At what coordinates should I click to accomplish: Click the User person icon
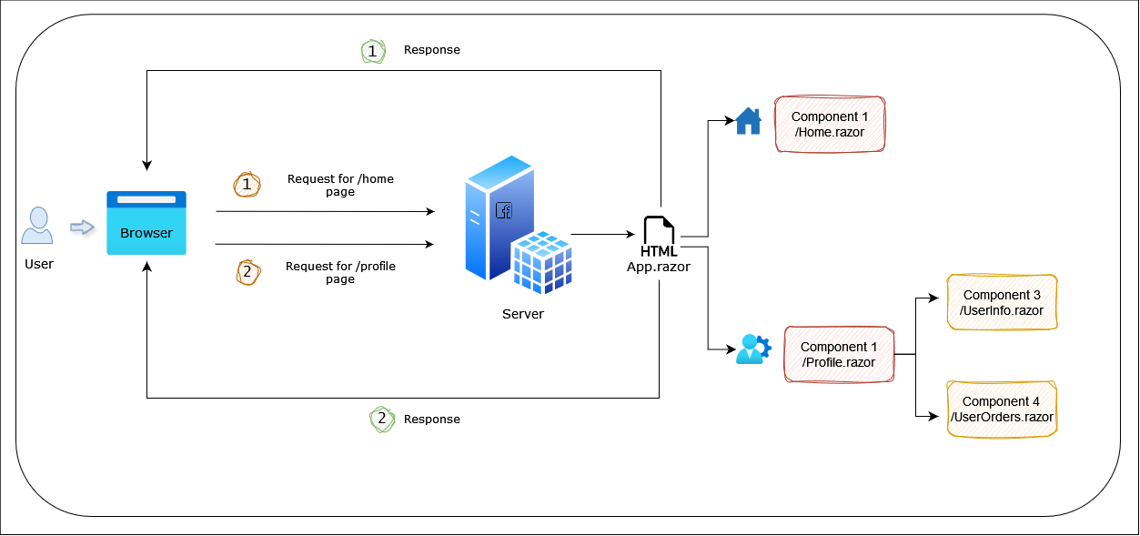tap(37, 226)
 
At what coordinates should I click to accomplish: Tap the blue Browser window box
tap(146, 223)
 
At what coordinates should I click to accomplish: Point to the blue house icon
tap(748, 121)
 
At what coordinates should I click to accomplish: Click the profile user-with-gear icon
tap(752, 349)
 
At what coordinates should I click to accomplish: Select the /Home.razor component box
tap(829, 125)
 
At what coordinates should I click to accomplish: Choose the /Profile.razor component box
tap(838, 354)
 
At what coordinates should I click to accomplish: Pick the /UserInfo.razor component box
tap(1002, 302)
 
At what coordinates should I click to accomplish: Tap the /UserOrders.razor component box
tap(1002, 410)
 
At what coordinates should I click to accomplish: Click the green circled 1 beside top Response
tap(373, 51)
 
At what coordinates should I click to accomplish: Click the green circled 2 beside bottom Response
tap(382, 420)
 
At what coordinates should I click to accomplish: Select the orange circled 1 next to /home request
tap(247, 185)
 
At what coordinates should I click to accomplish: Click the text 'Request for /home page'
tap(340, 186)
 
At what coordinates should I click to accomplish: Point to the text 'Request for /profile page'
tap(340, 272)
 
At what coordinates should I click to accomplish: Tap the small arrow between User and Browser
tap(83, 228)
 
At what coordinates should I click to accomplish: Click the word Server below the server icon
tap(522, 314)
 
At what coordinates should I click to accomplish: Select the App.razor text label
tap(659, 267)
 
